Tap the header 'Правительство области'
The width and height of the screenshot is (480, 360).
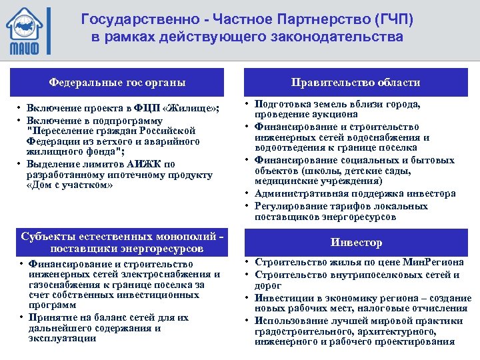point(355,83)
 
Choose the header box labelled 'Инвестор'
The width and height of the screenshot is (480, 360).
point(355,243)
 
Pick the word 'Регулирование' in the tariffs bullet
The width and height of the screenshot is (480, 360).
point(289,205)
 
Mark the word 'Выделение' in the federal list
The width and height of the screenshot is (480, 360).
point(53,164)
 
